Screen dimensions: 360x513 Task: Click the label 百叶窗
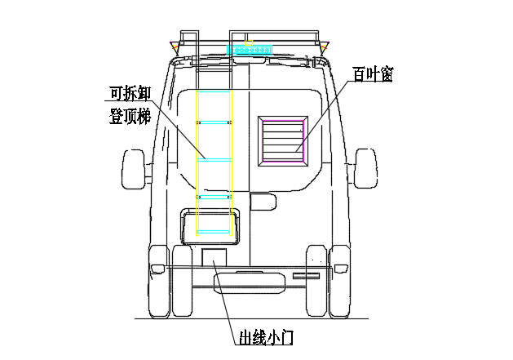(374, 74)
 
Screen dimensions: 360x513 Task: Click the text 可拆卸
(130, 91)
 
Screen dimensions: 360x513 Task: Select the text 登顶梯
(130, 115)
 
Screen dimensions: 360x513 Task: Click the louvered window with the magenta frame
(282, 141)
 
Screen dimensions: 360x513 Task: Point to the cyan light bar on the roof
(250, 50)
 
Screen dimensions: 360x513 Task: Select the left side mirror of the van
(132, 170)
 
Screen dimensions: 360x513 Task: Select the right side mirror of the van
(365, 170)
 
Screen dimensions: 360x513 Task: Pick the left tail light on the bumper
(157, 269)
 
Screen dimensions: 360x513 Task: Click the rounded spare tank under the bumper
(250, 282)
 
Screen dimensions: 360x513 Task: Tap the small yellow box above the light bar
(248, 39)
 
